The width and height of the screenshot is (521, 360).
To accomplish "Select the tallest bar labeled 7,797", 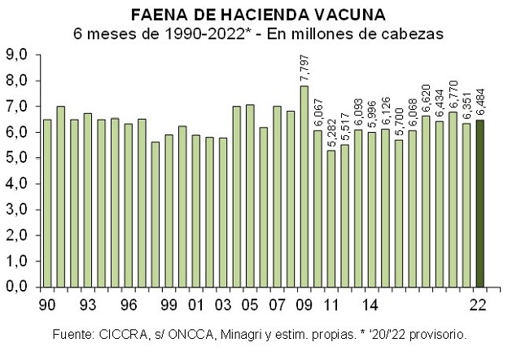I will point(304,187).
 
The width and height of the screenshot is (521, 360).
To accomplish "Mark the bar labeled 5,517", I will point(344,216).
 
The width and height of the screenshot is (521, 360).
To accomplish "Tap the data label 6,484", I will point(482,100).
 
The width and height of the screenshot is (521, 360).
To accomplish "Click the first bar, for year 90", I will point(47,204).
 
